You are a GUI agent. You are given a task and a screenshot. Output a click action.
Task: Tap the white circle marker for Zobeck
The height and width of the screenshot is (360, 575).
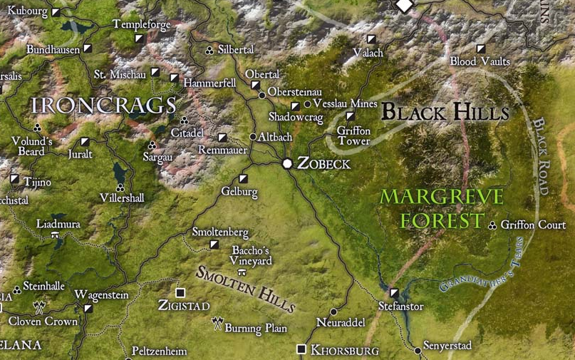pos(287,164)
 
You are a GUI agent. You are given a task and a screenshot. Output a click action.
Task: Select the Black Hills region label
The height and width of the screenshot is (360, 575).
pos(445,112)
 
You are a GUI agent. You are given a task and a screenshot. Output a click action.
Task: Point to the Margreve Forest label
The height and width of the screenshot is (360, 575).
pos(442,208)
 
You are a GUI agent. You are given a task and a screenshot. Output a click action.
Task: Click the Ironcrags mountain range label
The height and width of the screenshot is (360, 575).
pos(104,106)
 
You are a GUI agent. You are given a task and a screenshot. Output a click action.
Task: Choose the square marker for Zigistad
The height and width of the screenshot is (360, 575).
pos(180,292)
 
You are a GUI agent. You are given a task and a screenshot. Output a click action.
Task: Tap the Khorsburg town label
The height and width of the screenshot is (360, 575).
pos(345,350)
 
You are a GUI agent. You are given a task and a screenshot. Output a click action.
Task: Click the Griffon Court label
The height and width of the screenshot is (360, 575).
pos(533,225)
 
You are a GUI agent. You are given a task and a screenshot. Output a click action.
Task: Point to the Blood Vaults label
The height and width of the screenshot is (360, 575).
pos(480,62)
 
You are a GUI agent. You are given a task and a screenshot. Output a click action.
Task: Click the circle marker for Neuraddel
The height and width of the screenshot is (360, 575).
pos(335,312)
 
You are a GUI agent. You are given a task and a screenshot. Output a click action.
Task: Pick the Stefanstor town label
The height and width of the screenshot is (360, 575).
pos(400,307)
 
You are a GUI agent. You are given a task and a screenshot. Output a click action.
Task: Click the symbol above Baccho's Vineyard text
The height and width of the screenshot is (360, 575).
pos(242,272)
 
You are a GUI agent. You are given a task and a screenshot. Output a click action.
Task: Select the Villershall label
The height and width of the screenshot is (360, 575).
pos(123,197)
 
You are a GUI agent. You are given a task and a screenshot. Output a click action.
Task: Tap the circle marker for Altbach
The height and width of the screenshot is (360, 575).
pos(253,136)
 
